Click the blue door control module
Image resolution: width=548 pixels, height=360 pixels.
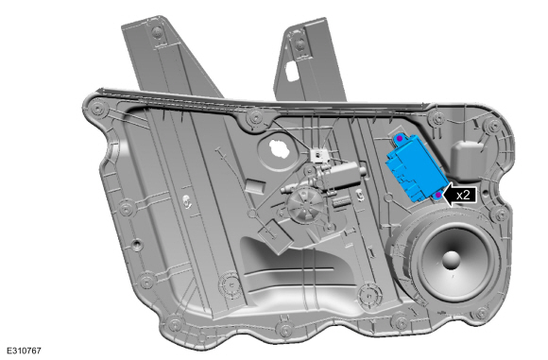(416, 166)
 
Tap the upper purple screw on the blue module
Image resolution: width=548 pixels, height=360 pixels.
(400, 139)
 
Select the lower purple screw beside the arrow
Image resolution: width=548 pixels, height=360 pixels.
(438, 195)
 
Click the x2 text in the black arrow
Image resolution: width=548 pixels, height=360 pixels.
(463, 195)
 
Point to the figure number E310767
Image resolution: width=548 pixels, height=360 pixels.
(24, 351)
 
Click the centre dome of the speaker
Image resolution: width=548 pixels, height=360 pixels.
(452, 260)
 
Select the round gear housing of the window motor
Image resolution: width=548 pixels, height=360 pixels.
(305, 207)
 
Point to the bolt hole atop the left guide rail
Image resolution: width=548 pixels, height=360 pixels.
(157, 33)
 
